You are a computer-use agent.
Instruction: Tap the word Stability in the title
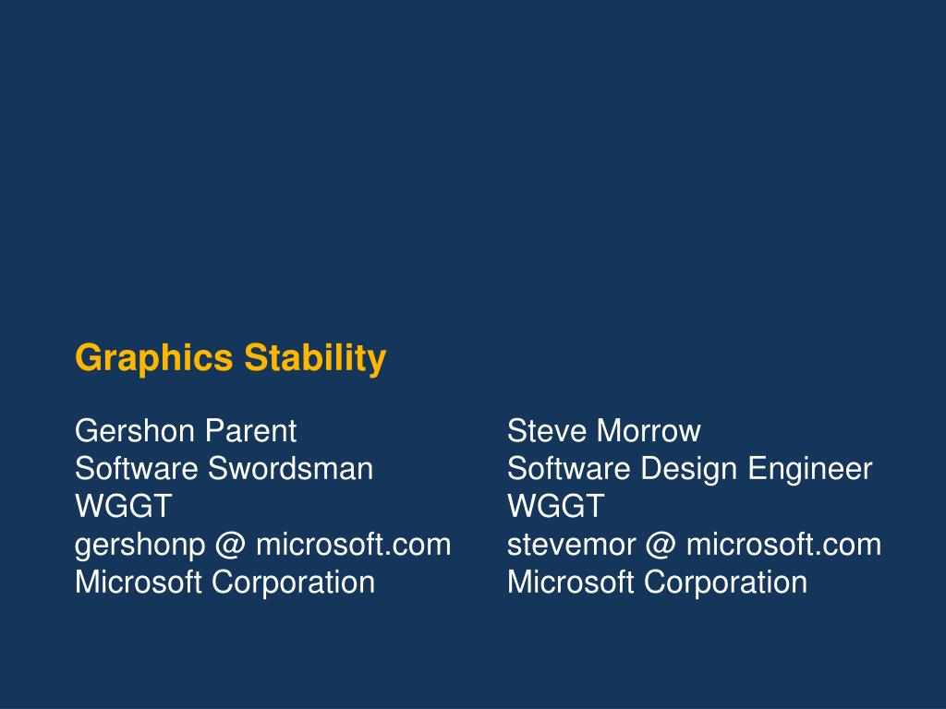(315, 357)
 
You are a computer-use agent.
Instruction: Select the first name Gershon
(136, 430)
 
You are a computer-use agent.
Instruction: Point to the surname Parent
(250, 430)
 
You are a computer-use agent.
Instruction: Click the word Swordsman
(290, 469)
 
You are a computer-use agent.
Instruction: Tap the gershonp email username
(139, 545)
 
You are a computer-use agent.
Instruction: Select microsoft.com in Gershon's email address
(353, 545)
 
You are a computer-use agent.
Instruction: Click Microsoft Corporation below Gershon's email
(224, 583)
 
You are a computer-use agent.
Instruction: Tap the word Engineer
(809, 469)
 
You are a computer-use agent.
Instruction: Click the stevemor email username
(571, 545)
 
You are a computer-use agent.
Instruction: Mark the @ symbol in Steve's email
(661, 545)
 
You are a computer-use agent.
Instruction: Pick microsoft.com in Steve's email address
(783, 545)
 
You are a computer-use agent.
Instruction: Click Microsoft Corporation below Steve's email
(657, 583)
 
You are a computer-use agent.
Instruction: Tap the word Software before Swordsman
(137, 469)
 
